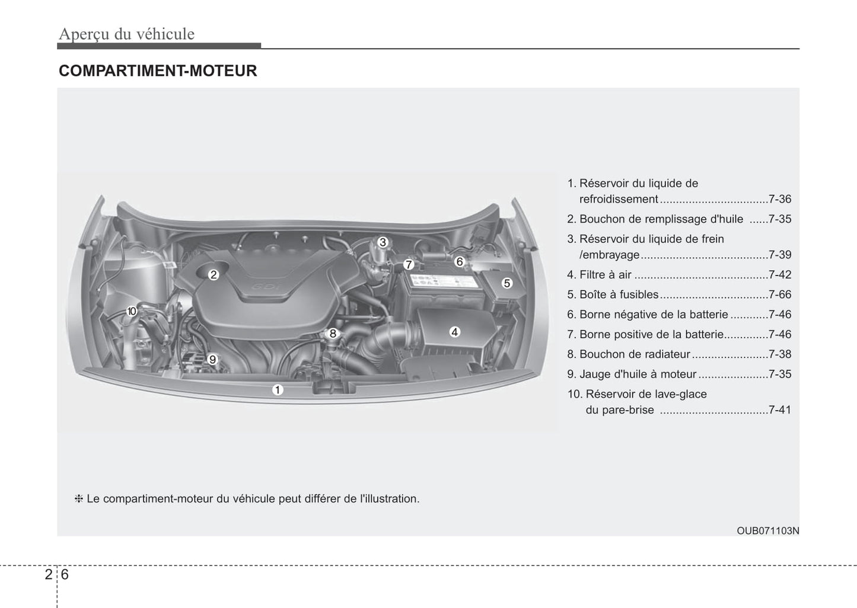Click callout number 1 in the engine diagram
278,390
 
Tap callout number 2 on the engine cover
214,274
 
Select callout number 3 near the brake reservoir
383,242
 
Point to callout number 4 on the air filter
454,332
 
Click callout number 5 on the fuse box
507,283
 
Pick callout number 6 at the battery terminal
460,261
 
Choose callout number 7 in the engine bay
409,265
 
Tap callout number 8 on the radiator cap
333,334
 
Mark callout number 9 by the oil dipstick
212,360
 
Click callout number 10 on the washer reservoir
132,311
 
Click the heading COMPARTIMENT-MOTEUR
158,71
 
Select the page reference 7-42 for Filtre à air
780,274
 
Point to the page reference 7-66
780,295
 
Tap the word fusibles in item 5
639,295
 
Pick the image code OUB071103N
768,531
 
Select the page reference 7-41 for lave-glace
780,410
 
